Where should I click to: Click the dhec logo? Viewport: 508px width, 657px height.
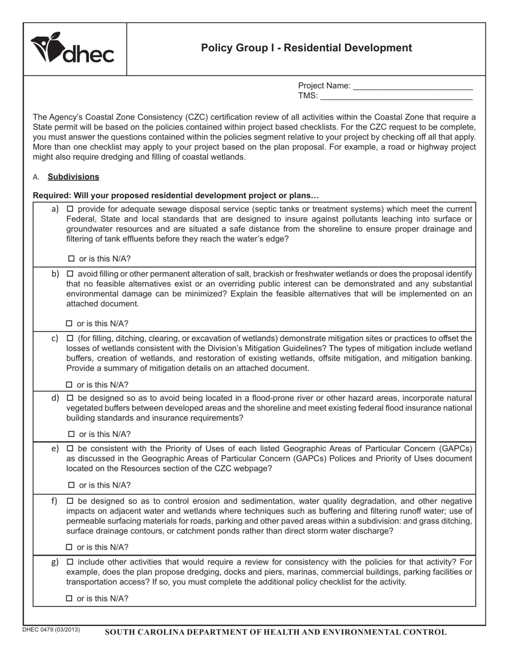[73, 49]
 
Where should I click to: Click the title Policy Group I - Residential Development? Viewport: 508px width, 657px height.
[306, 48]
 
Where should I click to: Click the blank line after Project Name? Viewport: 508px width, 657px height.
[413, 85]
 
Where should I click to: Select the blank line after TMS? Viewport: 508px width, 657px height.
[396, 96]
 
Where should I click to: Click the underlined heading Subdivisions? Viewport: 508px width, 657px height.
[73, 177]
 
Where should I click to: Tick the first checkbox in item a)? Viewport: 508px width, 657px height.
[70, 209]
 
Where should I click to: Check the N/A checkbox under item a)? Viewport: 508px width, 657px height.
[71, 259]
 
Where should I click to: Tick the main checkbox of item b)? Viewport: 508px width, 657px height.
[70, 274]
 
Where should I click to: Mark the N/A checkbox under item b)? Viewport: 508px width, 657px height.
[69, 324]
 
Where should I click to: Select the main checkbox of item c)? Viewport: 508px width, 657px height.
[70, 339]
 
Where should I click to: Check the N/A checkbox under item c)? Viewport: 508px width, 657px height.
[69, 385]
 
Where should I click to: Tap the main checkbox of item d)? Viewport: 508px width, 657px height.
[70, 398]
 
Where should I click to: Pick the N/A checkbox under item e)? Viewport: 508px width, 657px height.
[71, 486]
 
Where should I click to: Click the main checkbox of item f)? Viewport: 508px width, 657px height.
[70, 502]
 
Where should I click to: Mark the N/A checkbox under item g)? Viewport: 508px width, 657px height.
[69, 599]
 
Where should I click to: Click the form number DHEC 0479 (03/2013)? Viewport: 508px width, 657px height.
[51, 630]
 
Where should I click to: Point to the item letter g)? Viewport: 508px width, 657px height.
[55, 562]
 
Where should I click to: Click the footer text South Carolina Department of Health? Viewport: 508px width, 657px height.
[275, 632]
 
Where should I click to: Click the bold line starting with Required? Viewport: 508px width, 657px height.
[176, 195]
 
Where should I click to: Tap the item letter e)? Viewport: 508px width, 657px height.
[55, 449]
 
